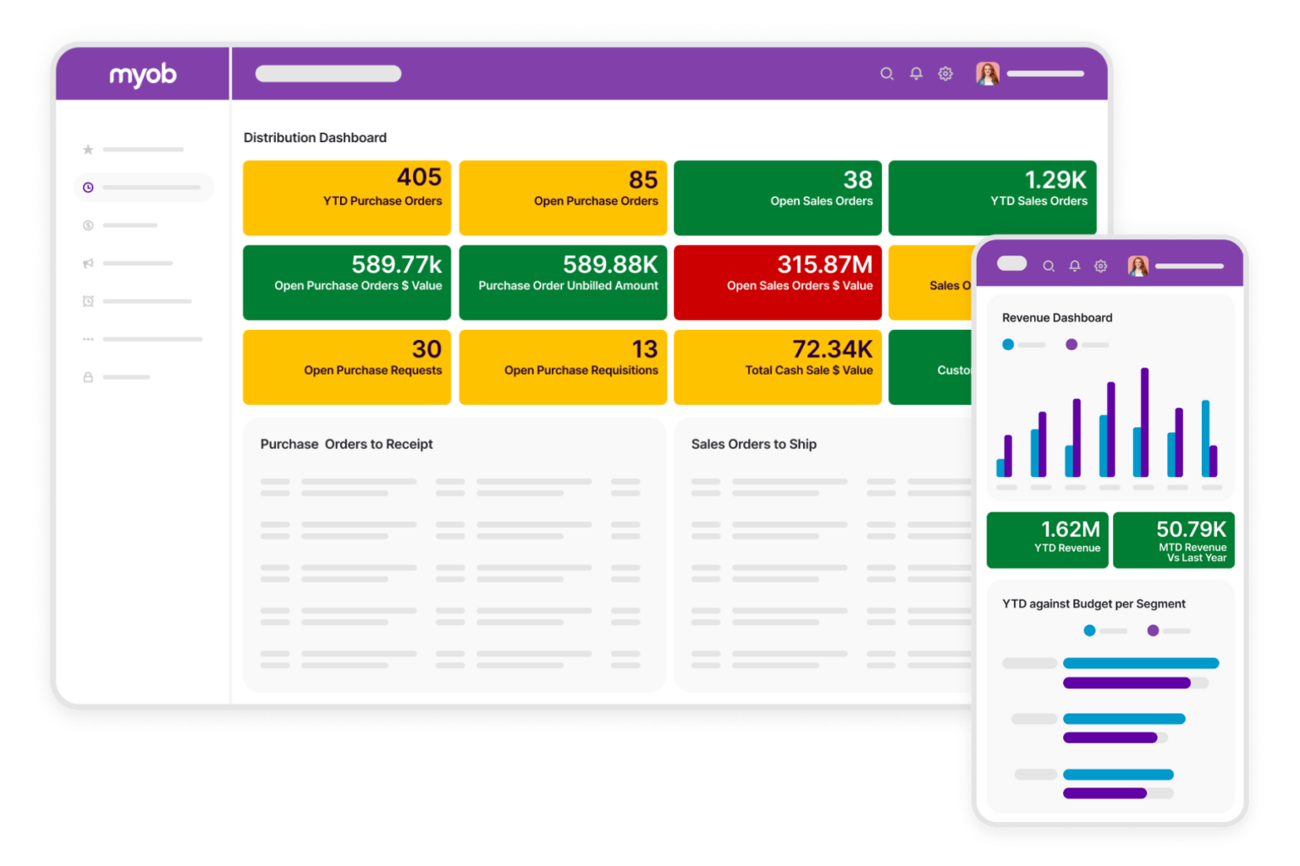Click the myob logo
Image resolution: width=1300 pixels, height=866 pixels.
142,75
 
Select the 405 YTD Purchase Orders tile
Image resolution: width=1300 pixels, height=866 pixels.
347,197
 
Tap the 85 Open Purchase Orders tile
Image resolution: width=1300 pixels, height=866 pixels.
563,197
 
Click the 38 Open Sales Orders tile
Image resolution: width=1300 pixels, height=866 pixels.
777,197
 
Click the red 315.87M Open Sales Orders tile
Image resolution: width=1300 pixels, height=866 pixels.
777,282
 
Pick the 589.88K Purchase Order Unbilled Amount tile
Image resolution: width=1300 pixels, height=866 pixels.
563,282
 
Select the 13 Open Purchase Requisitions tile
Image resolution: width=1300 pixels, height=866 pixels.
563,366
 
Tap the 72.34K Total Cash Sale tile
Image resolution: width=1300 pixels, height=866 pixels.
777,366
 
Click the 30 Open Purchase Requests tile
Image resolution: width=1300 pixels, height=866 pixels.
347,366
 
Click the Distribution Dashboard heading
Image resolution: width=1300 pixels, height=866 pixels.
315,138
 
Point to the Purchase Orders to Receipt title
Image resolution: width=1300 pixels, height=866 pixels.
346,444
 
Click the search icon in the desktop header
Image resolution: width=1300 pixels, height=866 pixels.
886,74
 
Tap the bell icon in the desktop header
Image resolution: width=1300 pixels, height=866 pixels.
916,74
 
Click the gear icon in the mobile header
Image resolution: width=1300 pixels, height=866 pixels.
1100,266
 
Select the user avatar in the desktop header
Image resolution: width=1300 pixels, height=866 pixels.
987,74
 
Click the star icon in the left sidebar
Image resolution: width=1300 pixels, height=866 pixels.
88,150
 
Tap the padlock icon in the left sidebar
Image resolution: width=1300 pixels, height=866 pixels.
88,377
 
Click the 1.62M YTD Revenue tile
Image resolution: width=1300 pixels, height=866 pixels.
1047,540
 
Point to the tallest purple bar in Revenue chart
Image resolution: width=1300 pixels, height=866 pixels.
1144,423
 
